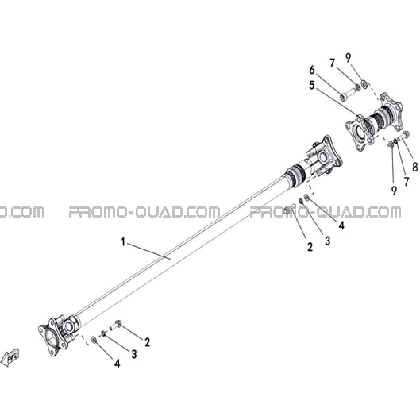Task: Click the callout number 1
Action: click(123, 242)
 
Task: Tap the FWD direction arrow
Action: click(10, 357)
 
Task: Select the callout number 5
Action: click(311, 86)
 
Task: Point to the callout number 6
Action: click(312, 70)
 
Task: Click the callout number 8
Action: click(414, 167)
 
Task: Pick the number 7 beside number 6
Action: click(333, 64)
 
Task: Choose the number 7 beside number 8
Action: click(407, 182)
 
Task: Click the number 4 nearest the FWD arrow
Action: click(117, 364)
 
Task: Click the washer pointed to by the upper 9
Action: click(364, 84)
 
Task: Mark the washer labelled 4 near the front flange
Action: click(94, 340)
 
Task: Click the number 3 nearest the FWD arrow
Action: click(134, 354)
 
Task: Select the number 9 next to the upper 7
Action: click(348, 58)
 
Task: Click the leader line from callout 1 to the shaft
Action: click(148, 251)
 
